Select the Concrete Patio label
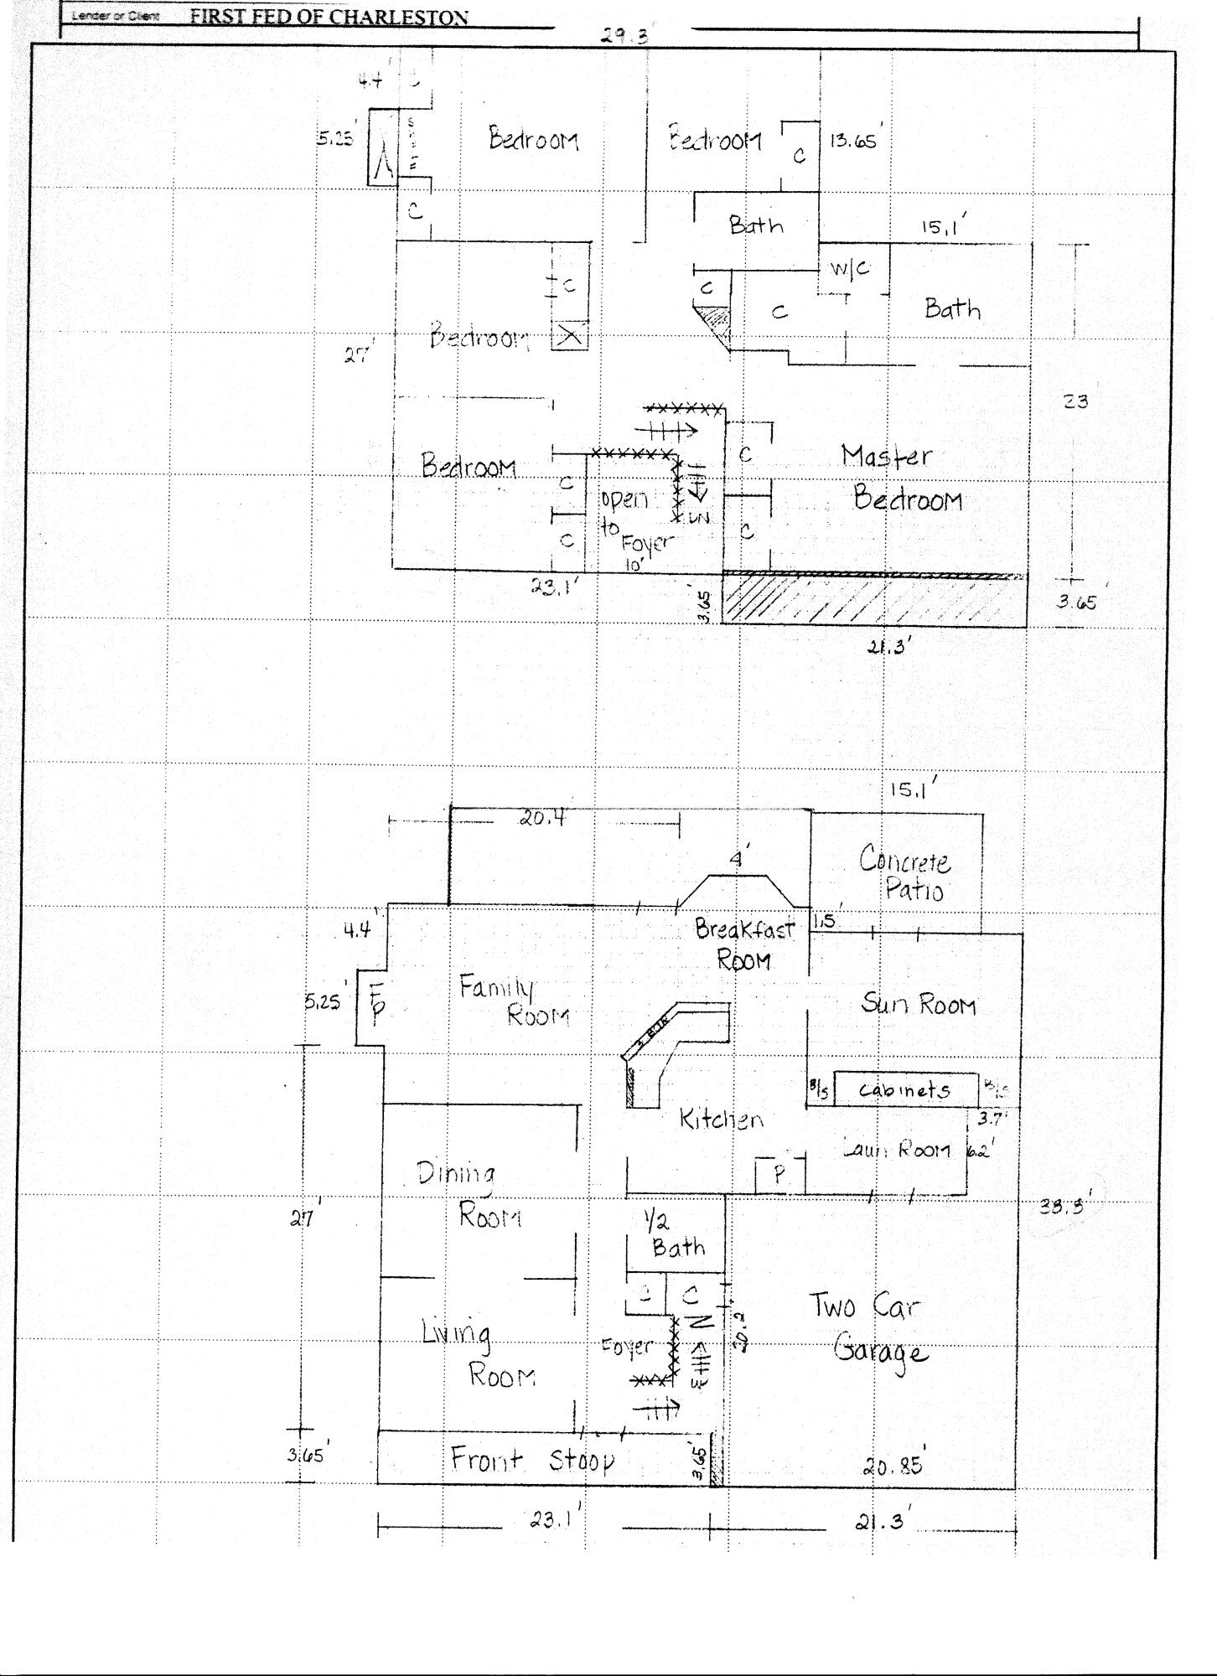click(905, 873)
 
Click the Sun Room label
click(918, 1003)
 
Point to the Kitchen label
click(721, 1119)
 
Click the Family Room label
click(513, 1001)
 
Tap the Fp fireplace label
click(376, 1002)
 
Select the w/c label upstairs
click(849, 269)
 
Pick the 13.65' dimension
click(853, 141)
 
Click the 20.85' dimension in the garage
click(892, 1466)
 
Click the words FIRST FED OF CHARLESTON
click(329, 17)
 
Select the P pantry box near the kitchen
click(779, 1175)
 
